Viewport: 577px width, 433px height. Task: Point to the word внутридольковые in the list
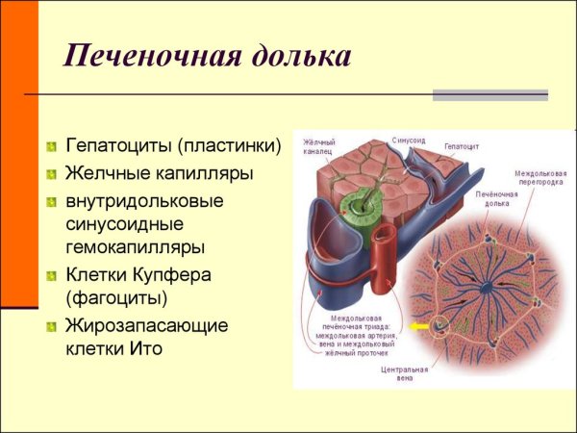[144, 202]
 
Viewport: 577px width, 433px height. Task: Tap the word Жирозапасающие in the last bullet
[147, 325]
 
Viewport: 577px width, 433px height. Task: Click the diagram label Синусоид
[408, 140]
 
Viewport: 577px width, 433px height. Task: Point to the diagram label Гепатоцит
[462, 146]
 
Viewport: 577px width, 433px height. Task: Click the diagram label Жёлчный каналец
[316, 147]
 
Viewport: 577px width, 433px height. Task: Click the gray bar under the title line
[489, 95]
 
